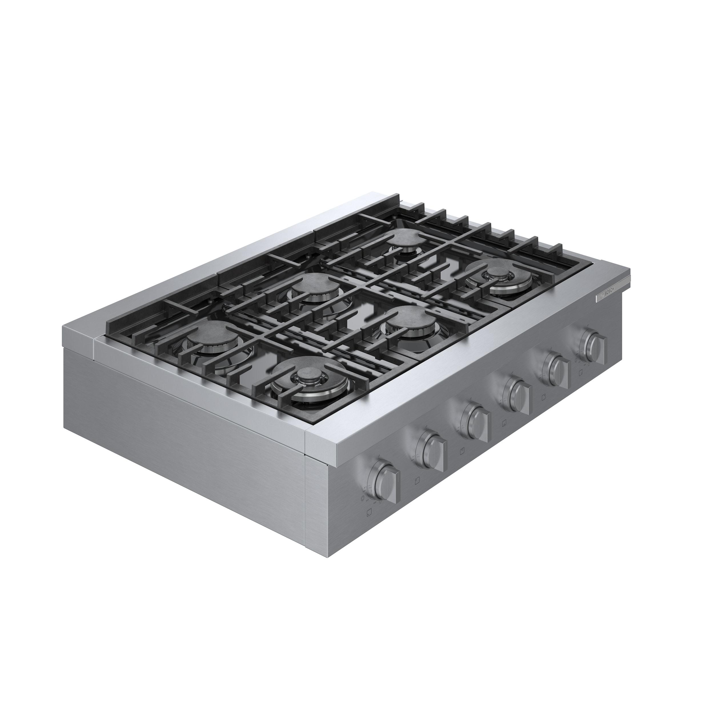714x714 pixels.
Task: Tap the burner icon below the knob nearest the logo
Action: tap(581, 373)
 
